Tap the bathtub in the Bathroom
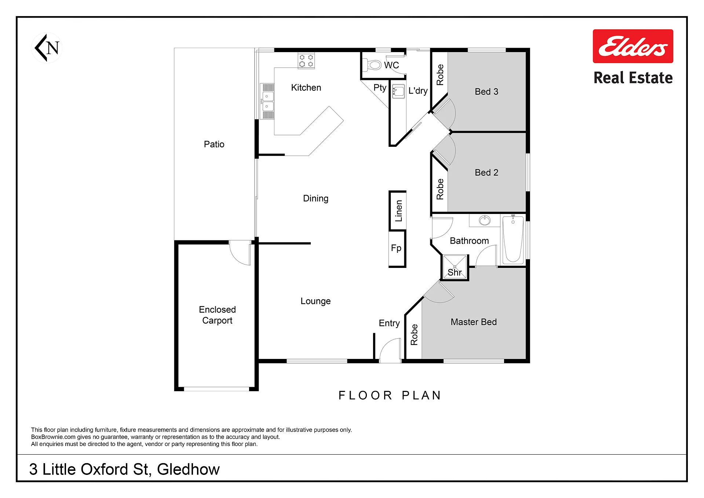tap(513, 240)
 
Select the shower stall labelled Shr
tap(455, 267)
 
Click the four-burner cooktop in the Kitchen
tap(306, 61)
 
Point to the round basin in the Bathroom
tap(485, 221)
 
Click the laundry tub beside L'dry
tap(398, 91)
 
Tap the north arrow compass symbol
tap(47, 48)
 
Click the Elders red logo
tap(633, 46)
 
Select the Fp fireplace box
tap(397, 248)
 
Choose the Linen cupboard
tap(398, 211)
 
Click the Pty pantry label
tap(380, 88)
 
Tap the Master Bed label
tap(474, 322)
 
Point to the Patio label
tap(214, 144)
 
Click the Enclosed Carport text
tap(217, 315)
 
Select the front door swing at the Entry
tap(390, 350)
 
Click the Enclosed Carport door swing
tap(240, 252)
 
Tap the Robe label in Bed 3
tap(440, 75)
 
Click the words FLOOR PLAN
tap(390, 395)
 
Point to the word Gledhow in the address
tap(188, 469)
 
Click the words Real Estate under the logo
tap(633, 78)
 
